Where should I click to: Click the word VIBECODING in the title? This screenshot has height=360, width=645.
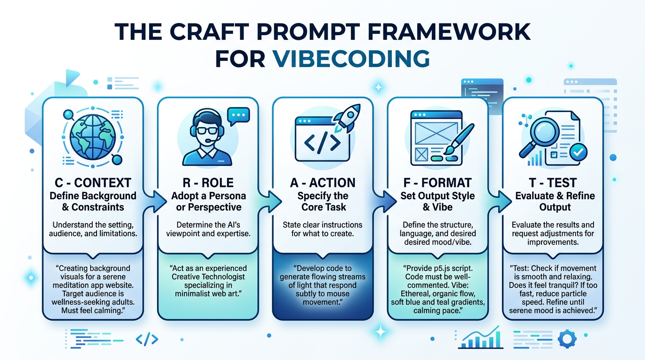tap(351, 60)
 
